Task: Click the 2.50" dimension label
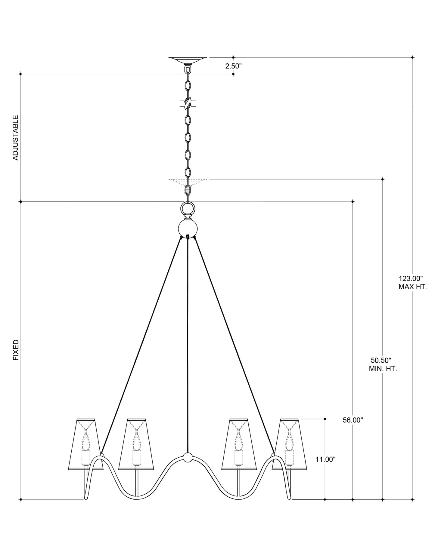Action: coord(233,66)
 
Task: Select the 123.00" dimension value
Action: coord(411,278)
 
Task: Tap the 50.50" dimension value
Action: coord(381,360)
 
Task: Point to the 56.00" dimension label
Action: coord(353,420)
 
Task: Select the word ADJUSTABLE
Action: coord(16,137)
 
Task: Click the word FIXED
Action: coord(16,350)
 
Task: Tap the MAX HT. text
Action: coord(413,287)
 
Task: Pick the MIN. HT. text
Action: coord(383,369)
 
